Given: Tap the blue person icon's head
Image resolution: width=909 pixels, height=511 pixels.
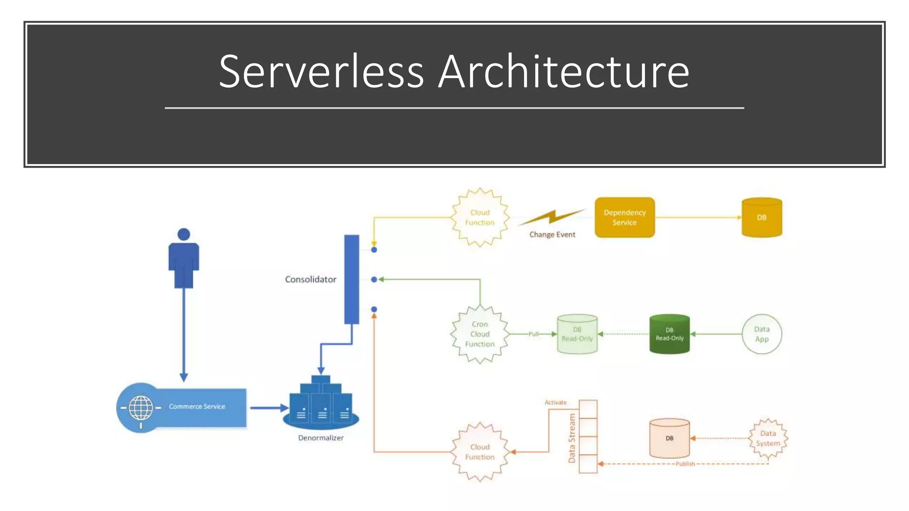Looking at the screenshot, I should coord(184,234).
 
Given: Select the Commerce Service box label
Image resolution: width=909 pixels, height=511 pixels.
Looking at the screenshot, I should coord(197,406).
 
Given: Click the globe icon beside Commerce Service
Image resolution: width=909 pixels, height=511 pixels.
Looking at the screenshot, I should coord(141,408).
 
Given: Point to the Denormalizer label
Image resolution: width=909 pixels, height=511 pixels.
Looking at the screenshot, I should coord(320,438).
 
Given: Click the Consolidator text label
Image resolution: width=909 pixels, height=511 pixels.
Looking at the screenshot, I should coord(310,279).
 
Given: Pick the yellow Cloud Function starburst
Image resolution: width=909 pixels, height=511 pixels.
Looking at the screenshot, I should coord(480,217).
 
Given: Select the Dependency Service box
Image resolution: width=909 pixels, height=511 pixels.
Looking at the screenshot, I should coord(624,217).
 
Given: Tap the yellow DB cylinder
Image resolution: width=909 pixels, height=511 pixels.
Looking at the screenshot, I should coord(762,217).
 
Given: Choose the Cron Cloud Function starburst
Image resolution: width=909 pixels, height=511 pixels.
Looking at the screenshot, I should coord(480,334).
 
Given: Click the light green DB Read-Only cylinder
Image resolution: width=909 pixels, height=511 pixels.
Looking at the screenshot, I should coord(577,334).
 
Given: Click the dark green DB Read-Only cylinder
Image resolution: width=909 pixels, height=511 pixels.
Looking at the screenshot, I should coord(669,334).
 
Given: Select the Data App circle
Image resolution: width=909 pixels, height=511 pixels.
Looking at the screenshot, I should coord(762,334).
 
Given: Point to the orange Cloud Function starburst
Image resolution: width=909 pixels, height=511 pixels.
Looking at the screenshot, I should coord(480,452).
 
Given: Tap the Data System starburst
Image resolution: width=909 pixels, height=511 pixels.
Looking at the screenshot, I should coord(768,438).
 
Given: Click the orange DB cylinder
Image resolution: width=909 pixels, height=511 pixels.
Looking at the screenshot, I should coord(669,438).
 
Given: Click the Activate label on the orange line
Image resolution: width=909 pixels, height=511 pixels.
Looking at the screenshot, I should coord(556,402).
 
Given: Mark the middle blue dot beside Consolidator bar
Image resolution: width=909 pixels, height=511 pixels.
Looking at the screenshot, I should coord(374,279).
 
